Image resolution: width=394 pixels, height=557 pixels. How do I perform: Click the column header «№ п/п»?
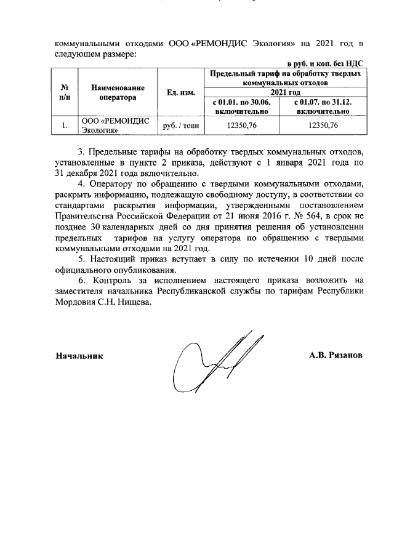[x=63, y=92]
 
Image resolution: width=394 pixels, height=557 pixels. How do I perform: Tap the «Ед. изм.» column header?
[x=181, y=93]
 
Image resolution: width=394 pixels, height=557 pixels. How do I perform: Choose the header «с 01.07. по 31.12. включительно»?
[x=323, y=106]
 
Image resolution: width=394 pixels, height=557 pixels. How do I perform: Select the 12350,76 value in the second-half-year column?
[x=323, y=126]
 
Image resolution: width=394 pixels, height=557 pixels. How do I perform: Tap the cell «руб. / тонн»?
[x=181, y=126]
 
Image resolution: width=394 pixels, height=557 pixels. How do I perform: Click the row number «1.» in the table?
[x=63, y=126]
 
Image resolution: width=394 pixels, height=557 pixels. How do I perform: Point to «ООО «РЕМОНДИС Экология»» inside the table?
[x=116, y=126]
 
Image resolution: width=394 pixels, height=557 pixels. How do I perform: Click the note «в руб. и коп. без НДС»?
[x=326, y=63]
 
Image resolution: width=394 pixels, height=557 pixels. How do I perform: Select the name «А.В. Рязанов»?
[x=336, y=356]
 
